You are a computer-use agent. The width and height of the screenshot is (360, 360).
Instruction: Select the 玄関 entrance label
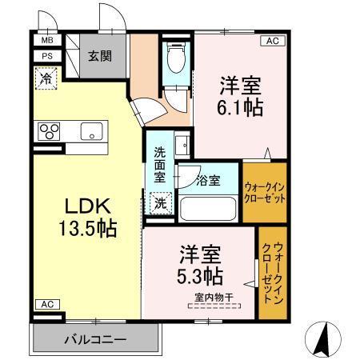point(100,56)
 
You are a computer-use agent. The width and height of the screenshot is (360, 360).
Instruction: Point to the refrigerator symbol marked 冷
point(46,79)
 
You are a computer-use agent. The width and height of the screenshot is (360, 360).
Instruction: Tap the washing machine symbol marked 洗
point(162,204)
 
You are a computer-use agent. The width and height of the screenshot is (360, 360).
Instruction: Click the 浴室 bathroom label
point(208,181)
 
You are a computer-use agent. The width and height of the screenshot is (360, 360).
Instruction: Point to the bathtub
point(208,210)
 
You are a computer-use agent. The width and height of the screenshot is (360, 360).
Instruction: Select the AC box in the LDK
point(46,304)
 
